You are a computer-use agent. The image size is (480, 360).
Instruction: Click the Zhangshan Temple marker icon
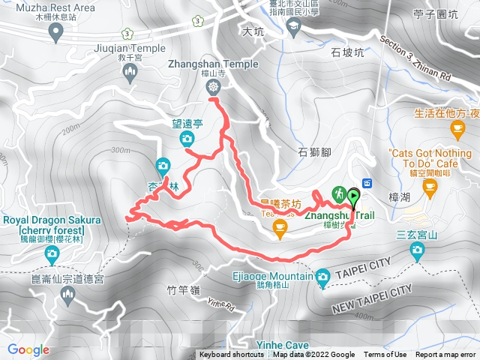(x=213, y=88)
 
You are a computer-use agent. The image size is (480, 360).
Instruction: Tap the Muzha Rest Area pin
(x=55, y=31)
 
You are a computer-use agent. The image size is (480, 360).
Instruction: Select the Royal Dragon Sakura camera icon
(x=52, y=254)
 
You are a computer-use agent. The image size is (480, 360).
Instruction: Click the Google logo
(x=28, y=349)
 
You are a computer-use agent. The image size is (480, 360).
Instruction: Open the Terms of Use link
(x=385, y=355)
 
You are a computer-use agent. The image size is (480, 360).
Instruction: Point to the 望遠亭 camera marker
(x=186, y=138)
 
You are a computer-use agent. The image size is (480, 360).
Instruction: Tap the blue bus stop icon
(x=367, y=184)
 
